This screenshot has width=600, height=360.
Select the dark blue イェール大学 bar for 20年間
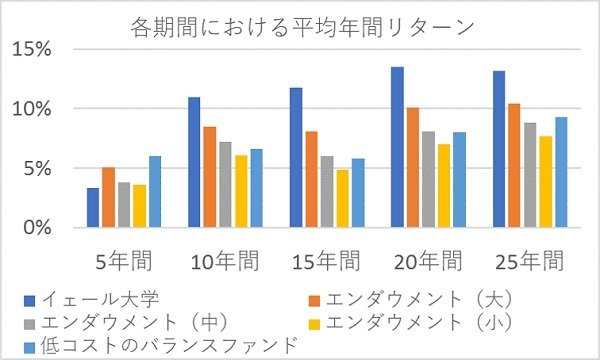[x=397, y=148]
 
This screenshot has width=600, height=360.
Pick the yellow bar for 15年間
[x=342, y=199]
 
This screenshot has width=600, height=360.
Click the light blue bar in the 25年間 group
[x=560, y=173]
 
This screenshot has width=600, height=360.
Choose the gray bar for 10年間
[x=225, y=185]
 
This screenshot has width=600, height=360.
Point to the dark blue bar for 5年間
[x=93, y=208]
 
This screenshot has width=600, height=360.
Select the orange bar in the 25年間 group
[x=513, y=166]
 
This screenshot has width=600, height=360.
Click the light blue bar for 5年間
[x=154, y=192]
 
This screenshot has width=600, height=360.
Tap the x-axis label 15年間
[x=326, y=262]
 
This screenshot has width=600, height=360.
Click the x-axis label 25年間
[x=528, y=262]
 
